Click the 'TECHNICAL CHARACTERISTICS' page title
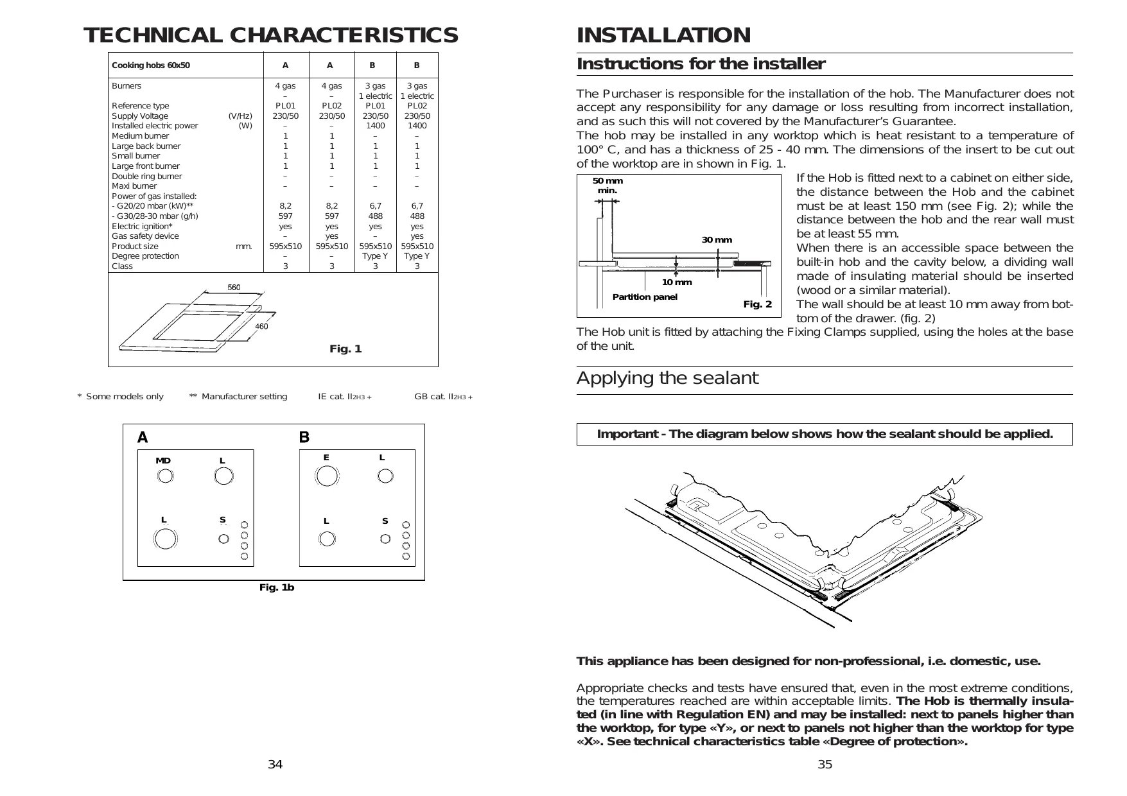click(270, 35)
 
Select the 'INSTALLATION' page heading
click(663, 35)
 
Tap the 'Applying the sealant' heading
click(667, 378)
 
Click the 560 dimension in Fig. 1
click(234, 288)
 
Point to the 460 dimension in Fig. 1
click(261, 327)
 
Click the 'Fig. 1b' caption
click(277, 587)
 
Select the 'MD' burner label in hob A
click(163, 461)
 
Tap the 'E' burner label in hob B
click(326, 458)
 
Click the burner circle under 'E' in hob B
click(327, 476)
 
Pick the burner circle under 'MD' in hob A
click(165, 476)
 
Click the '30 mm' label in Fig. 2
click(717, 240)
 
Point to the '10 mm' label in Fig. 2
click(677, 282)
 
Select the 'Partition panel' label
click(645, 297)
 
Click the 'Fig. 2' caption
click(758, 304)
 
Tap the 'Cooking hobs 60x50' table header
click(151, 65)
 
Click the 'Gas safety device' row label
click(145, 236)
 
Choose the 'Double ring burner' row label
click(147, 177)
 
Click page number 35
click(825, 765)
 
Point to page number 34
click(275, 765)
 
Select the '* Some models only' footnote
click(121, 397)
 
